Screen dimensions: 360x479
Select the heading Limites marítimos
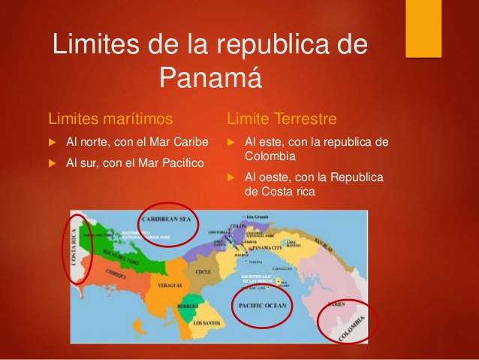[110, 119]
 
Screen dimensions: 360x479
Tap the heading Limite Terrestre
[282, 119]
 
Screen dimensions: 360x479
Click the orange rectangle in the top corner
[423, 28]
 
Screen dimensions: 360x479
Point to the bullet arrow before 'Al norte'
[52, 141]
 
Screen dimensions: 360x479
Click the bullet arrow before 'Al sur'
[52, 162]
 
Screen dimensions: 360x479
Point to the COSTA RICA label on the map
[74, 248]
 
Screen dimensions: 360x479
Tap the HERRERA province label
[187, 307]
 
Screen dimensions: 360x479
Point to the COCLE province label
[203, 271]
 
